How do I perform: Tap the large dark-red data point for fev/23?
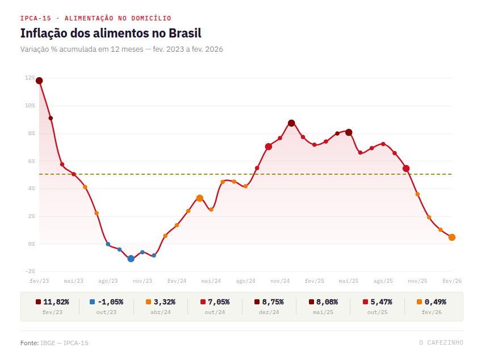pos(39,81)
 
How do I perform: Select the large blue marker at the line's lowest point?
pos(131,258)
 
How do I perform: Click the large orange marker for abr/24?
pos(199,198)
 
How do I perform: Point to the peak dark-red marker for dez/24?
pos(291,123)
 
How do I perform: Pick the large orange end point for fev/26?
pos(451,237)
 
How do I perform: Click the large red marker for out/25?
pos(406,169)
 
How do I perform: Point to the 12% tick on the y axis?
pos(30,78)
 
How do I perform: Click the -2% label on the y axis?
pos(30,271)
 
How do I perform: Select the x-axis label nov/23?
pos(143,281)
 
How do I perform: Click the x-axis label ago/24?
pos(245,281)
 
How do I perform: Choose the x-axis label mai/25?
pos(349,281)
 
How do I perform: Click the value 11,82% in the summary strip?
pos(56,302)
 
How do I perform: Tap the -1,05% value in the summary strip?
pos(110,302)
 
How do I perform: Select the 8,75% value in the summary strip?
pos(273,302)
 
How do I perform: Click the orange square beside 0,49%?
pos(419,302)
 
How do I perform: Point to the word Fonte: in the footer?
pos(29,343)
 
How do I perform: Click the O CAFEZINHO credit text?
pos(441,342)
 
